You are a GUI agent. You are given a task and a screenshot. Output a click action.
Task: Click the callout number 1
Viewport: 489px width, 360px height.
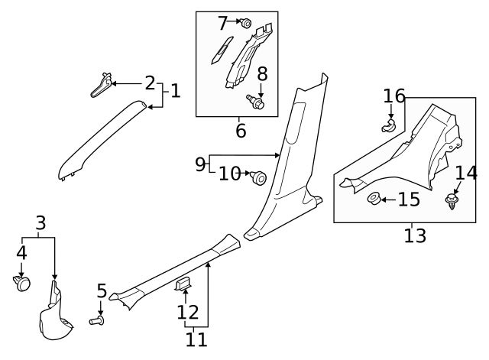175,91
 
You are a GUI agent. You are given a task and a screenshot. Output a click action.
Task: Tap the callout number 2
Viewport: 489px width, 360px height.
150,83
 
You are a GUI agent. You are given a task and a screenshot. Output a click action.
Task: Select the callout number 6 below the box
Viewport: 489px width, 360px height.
241,130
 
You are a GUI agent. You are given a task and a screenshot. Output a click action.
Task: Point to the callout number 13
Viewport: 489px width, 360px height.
415,235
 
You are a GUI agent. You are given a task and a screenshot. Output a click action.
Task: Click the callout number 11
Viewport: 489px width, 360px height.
197,339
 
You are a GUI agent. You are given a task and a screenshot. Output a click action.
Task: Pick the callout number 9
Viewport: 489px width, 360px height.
200,164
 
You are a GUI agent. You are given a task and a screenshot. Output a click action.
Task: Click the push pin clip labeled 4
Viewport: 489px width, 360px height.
22,284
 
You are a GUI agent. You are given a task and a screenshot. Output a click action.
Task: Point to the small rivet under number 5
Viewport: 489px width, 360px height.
98,322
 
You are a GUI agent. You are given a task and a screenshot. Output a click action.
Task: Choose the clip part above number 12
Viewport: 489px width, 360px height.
184,285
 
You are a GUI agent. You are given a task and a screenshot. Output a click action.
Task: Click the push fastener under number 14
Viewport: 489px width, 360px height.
452,203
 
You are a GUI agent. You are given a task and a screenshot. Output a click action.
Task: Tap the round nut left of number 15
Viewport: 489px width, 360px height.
374,200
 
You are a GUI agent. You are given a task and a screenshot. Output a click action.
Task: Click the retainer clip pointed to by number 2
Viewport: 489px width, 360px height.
102,83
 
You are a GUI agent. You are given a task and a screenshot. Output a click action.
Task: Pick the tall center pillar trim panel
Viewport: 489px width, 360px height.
294,161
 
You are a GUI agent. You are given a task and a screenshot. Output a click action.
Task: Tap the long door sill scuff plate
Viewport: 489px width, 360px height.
176,271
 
